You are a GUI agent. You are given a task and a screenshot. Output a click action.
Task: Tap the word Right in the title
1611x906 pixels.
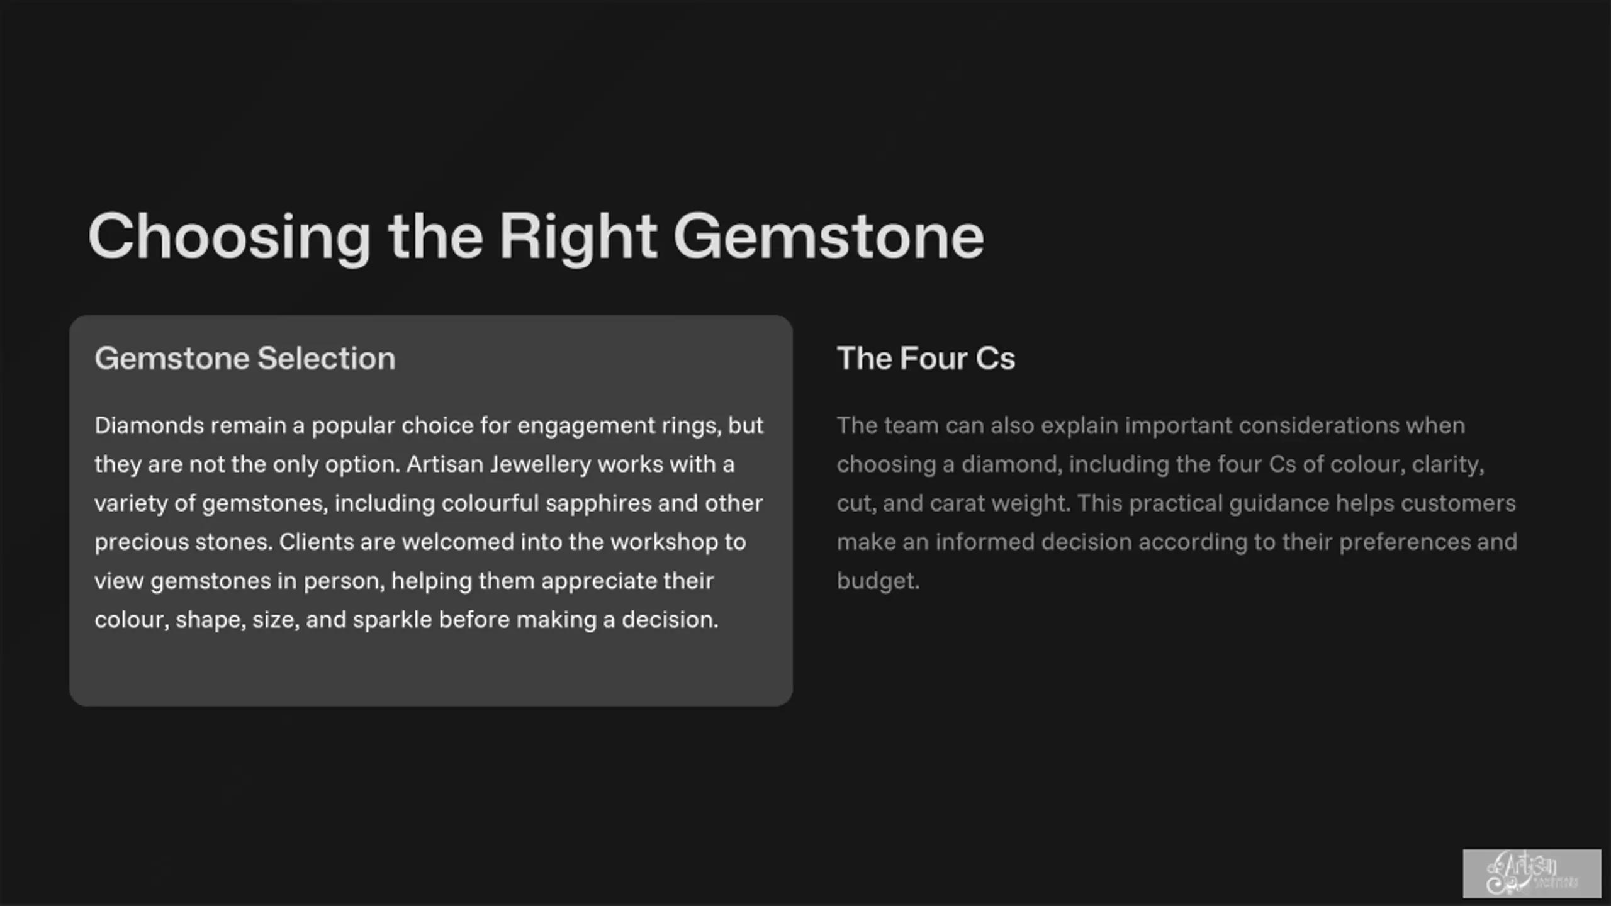(x=578, y=237)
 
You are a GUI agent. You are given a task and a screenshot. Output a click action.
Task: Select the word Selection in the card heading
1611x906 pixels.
(x=327, y=359)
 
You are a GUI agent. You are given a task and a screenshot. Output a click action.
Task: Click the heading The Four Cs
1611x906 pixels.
(x=926, y=359)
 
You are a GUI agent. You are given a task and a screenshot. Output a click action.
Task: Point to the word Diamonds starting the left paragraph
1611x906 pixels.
(x=149, y=426)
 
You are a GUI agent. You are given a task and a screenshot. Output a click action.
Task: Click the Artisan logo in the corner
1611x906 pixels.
(x=1532, y=874)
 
